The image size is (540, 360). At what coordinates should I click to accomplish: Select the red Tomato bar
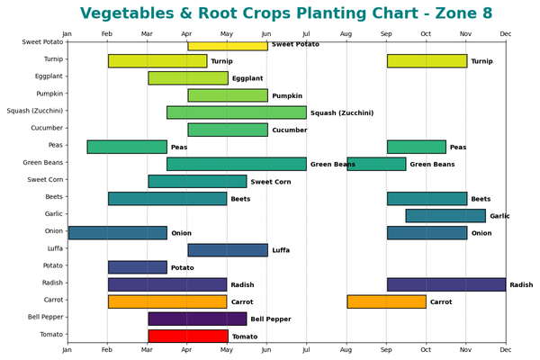(186, 336)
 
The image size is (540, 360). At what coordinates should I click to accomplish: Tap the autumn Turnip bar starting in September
(427, 61)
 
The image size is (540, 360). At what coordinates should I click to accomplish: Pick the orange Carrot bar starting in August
(386, 301)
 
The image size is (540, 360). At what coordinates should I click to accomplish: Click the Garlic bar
(445, 216)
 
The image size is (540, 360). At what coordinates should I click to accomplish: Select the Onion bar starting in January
(117, 233)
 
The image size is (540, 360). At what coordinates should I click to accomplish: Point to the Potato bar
(137, 267)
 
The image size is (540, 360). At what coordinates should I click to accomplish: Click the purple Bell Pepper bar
(197, 319)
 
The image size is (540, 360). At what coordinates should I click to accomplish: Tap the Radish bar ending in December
(445, 284)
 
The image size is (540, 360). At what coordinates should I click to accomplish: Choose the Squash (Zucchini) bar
(236, 112)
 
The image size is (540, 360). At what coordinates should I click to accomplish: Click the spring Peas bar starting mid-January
(127, 147)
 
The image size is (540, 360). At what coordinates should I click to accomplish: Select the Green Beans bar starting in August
(376, 164)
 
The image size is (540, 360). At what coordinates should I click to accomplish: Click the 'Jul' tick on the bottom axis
(306, 351)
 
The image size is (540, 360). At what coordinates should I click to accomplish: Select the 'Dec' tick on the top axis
(505, 34)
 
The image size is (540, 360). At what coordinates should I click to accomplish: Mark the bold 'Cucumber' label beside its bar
(289, 130)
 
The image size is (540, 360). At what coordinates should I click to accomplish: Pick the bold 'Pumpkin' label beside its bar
(287, 96)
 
